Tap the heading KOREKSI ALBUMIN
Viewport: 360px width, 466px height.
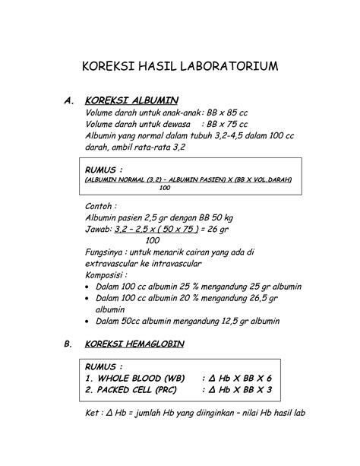(x=132, y=100)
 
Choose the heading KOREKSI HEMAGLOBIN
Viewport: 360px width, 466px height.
(x=141, y=344)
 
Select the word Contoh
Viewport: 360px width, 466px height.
(x=102, y=205)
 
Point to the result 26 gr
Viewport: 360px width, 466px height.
(x=221, y=228)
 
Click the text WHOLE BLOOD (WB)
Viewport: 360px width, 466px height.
(x=141, y=378)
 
